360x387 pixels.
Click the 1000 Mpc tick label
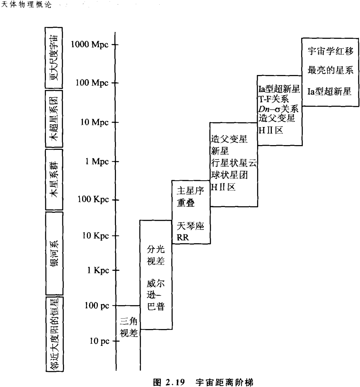coord(90,44)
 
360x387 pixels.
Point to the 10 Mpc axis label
coord(94,122)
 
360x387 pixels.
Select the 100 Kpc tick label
coord(93,200)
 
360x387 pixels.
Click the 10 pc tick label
coord(100,341)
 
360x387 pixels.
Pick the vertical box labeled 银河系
coord(54,253)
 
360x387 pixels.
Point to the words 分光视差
coord(156,255)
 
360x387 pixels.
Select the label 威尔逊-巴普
coord(156,295)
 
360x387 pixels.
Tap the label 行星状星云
coord(234,164)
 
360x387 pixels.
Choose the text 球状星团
coord(229,175)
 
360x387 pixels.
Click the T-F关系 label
coord(273,100)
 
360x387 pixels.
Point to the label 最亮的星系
coord(331,71)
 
